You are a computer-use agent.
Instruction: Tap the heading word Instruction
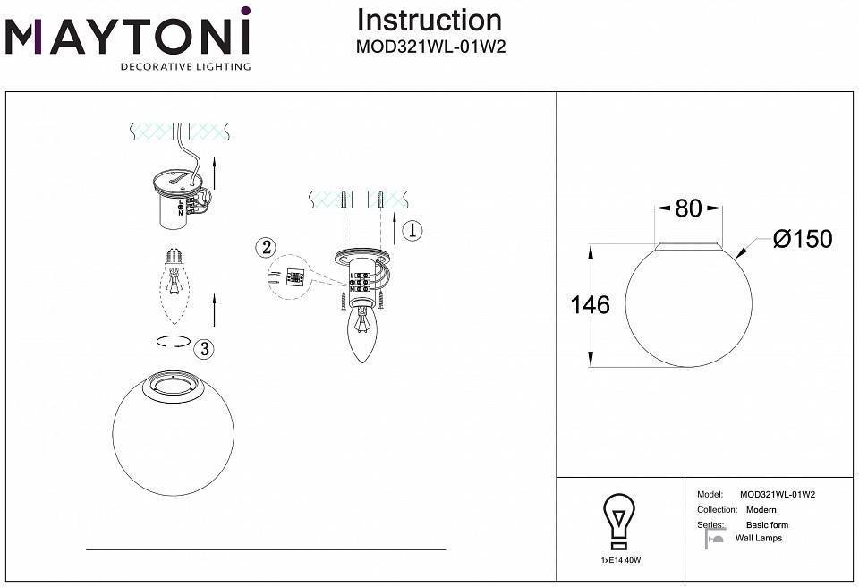[429, 20]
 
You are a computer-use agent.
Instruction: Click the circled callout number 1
[411, 231]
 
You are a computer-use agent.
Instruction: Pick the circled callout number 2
[264, 247]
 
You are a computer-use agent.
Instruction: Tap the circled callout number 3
[206, 348]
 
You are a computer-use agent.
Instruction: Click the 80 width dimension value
[688, 208]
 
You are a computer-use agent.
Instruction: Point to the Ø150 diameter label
[802, 239]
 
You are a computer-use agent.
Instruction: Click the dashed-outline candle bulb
[176, 286]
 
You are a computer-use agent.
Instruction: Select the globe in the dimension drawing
[687, 304]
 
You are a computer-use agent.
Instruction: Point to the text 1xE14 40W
[620, 559]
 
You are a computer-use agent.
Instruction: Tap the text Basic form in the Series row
[767, 525]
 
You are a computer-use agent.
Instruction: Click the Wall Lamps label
[758, 538]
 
